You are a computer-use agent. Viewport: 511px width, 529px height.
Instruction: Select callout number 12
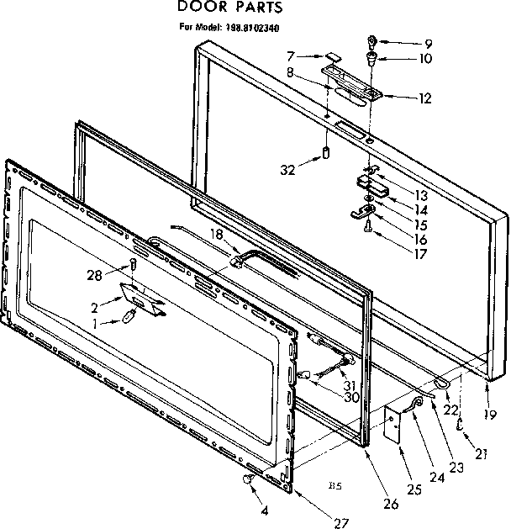(x=424, y=98)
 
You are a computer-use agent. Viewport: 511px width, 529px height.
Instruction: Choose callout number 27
(x=340, y=522)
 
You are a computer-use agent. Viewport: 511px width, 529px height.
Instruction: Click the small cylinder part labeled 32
(x=324, y=155)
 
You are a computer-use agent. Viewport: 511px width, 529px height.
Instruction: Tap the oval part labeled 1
(x=129, y=316)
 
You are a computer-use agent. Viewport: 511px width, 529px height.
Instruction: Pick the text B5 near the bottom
(x=334, y=485)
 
